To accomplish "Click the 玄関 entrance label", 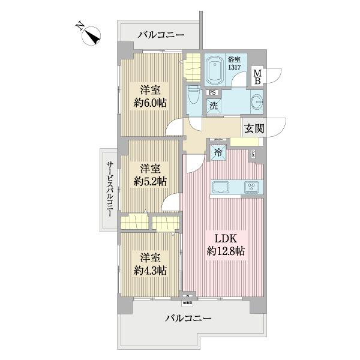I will [x=251, y=127].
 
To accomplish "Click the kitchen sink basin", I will [x=221, y=187].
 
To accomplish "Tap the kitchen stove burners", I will [x=251, y=187].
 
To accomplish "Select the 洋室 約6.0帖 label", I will [x=149, y=96].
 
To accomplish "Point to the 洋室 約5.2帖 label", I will [x=149, y=174].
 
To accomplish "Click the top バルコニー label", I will [x=160, y=35].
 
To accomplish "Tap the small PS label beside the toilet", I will [x=211, y=93].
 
